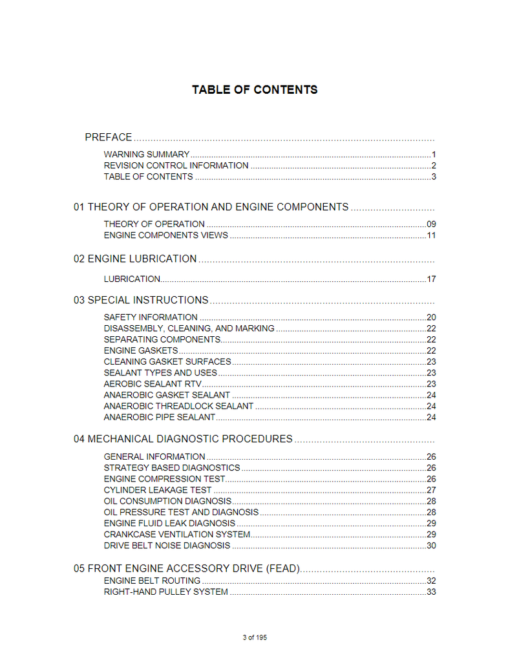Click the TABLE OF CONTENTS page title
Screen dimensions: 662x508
tap(254, 90)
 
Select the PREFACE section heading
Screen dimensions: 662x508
tap(109, 137)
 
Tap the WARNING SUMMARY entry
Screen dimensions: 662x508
tap(147, 155)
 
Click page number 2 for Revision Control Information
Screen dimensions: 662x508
tap(434, 165)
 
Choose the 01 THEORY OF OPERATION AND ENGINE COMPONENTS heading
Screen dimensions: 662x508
tap(211, 207)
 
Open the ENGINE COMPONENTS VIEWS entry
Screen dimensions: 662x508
tap(165, 235)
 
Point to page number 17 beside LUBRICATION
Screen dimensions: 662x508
tap(431, 279)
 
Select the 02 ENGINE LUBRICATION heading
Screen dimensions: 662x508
tap(135, 259)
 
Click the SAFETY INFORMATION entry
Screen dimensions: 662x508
tap(151, 317)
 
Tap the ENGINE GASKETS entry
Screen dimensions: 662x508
tap(141, 350)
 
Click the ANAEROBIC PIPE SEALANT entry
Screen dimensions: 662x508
tap(159, 417)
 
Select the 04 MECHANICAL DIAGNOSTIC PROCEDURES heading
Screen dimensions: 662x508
tap(183, 439)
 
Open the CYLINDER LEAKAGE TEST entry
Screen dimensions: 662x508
tap(158, 490)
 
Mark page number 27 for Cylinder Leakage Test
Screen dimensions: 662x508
tap(431, 490)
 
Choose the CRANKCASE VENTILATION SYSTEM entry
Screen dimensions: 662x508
tap(177, 535)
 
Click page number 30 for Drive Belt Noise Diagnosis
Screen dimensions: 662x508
tap(431, 546)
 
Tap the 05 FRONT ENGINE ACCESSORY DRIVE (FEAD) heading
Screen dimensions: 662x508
tap(187, 569)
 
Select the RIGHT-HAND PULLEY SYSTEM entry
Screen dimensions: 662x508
tap(165, 592)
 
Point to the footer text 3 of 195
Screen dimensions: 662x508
tap(255, 637)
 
